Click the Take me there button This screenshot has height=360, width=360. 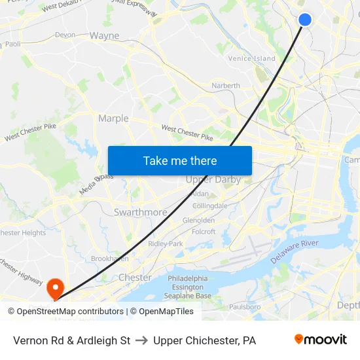180,160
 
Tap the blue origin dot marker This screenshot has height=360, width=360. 305,20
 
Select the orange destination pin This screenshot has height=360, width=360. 56,287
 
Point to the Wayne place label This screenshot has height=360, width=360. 104,35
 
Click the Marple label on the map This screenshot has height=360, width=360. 113,118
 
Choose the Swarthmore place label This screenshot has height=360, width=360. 140,213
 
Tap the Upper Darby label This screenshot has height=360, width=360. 213,179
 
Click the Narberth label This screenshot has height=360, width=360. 226,85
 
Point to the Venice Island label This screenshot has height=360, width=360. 251,58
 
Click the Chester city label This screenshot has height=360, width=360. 135,278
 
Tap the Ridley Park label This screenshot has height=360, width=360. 166,243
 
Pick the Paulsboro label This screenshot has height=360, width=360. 245,306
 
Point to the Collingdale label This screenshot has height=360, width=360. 210,206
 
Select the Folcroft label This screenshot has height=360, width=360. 204,231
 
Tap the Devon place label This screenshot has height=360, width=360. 65,35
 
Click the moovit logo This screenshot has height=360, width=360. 320,340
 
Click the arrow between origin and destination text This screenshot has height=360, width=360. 142,340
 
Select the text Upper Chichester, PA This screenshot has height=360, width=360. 205,340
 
